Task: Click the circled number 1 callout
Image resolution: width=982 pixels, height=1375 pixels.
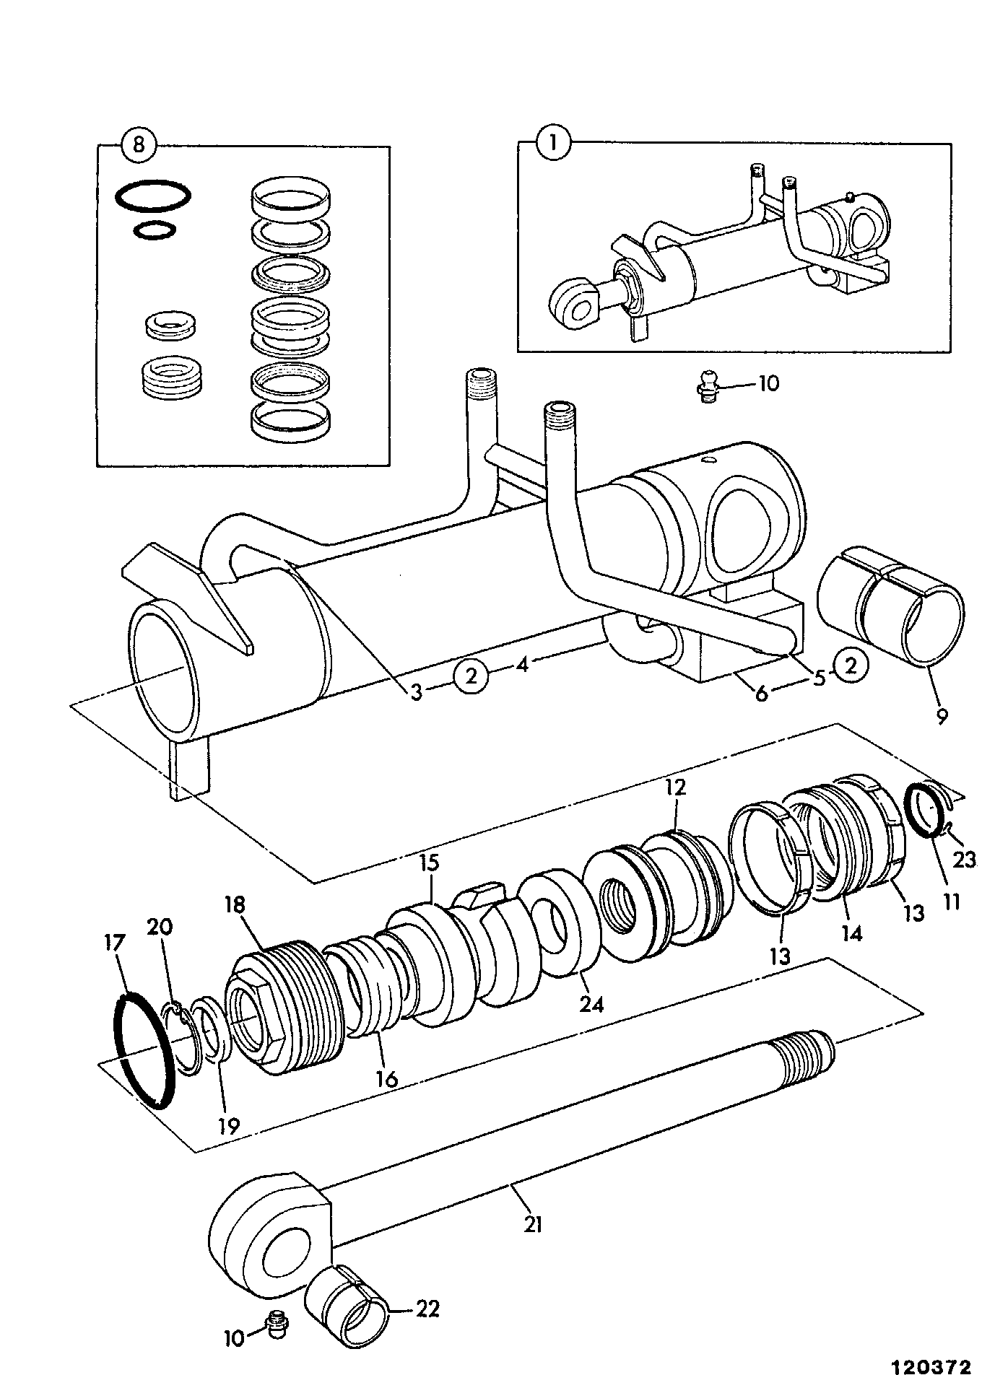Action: point(554,143)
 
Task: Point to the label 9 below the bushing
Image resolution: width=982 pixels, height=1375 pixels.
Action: point(941,716)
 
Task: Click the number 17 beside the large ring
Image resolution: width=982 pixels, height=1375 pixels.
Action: point(115,943)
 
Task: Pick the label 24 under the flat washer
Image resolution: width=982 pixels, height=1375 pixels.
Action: point(591,1003)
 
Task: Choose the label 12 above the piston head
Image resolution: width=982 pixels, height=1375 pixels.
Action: point(676,787)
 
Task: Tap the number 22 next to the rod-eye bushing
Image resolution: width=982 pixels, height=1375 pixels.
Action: point(427,1309)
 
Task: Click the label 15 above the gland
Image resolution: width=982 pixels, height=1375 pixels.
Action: point(430,863)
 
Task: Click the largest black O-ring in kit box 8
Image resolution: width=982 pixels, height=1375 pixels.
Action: point(154,196)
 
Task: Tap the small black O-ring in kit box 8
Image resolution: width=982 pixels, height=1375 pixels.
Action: point(155,230)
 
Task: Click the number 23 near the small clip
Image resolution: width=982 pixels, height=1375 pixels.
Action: point(964,860)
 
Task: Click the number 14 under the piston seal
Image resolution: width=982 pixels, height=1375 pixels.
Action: point(852,933)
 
